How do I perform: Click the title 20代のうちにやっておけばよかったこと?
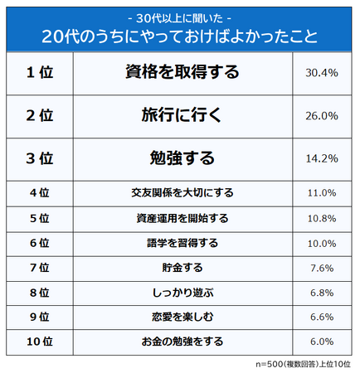pos(180,36)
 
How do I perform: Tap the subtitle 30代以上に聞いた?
pos(180,16)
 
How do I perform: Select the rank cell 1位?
pos(39,73)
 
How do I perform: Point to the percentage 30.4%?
pos(321,73)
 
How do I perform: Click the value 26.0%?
pos(321,117)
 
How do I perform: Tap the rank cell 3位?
pos(39,157)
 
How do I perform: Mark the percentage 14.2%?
pos(321,157)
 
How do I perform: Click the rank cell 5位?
pos(39,218)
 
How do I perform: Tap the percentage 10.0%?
pos(321,243)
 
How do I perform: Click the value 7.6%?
pos(321,268)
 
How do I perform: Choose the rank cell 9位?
pos(39,317)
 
